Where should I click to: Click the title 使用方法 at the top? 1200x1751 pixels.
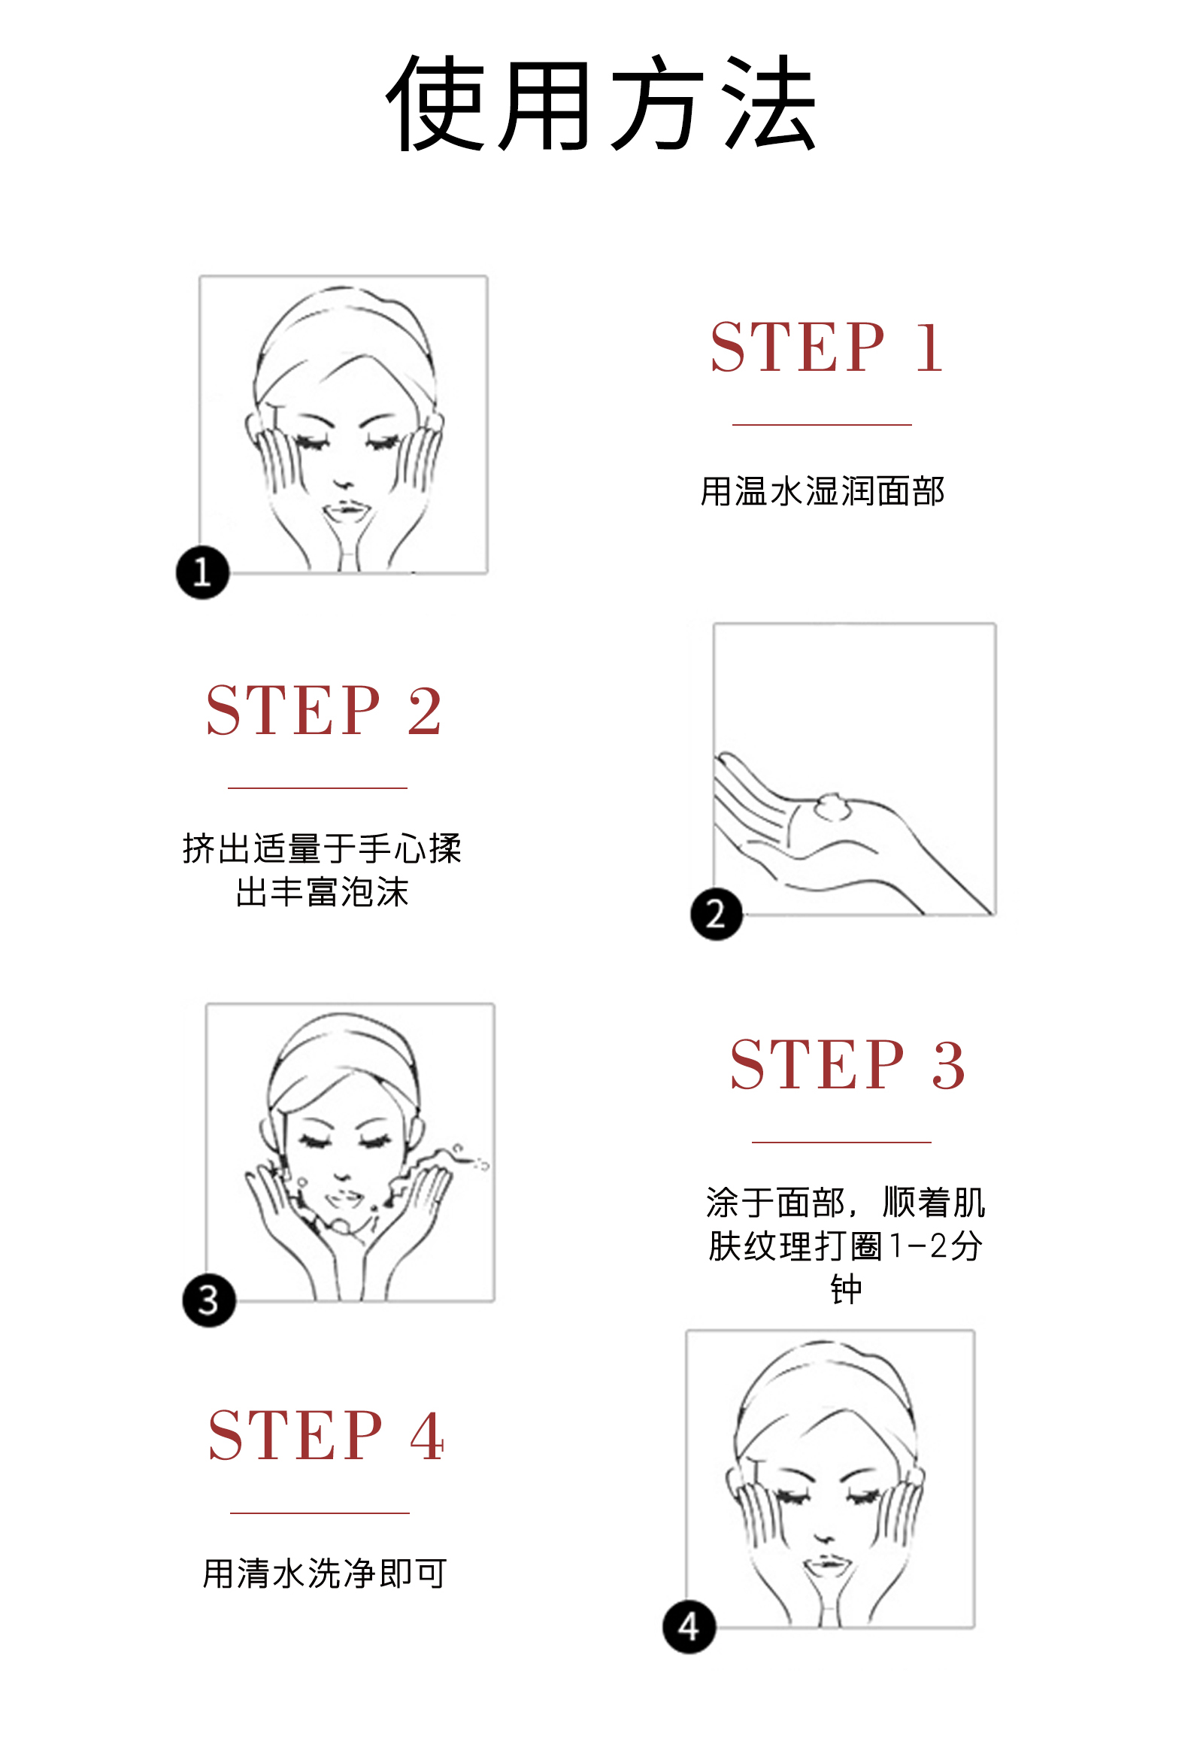point(602,103)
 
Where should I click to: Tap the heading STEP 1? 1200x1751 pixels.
point(826,347)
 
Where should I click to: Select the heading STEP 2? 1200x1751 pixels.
point(323,711)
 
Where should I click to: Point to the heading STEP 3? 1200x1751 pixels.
point(847,1064)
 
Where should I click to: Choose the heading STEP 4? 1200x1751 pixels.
point(326,1435)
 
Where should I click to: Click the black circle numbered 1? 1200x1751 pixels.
point(203,572)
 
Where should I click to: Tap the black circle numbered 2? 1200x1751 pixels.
point(717,914)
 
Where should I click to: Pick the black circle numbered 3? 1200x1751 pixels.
point(209,1300)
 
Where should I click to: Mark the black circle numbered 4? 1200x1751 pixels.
point(689,1627)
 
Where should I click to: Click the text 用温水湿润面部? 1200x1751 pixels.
point(822,491)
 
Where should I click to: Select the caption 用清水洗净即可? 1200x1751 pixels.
point(325,1573)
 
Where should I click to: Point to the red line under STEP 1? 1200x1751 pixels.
point(822,425)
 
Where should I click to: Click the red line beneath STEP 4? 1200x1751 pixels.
point(320,1513)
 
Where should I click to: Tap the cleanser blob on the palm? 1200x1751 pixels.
point(833,806)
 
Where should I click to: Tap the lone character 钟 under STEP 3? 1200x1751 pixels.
point(846,1289)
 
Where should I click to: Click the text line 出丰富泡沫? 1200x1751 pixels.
point(322,892)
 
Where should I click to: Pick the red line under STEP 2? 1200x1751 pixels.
point(317,788)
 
